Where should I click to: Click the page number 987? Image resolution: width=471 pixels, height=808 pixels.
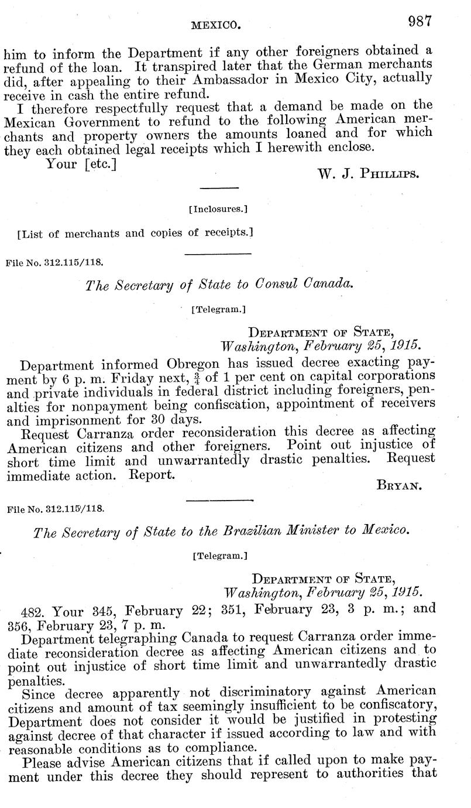tap(420, 21)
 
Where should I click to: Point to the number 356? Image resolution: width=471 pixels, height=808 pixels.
tap(17, 624)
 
